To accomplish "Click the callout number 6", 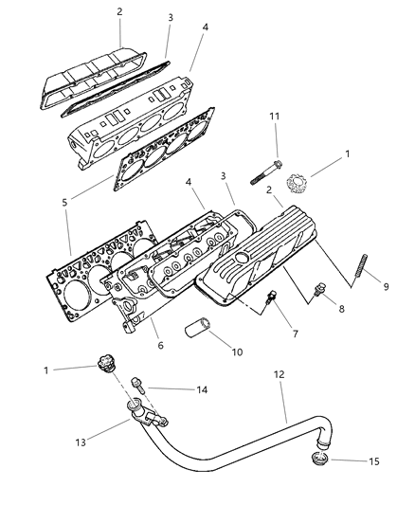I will pyautogui.click(x=161, y=345).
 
